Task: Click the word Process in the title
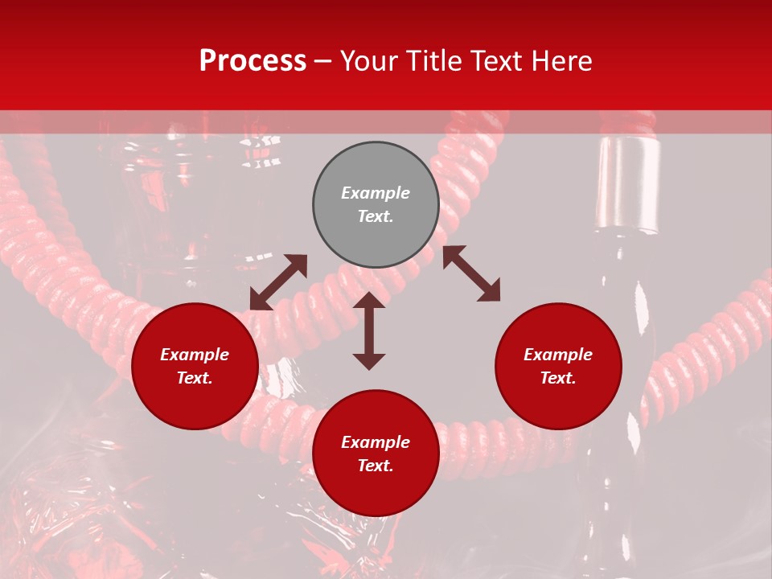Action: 253,61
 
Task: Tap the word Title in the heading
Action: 434,61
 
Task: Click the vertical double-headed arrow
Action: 369,331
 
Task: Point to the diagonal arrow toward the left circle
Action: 278,282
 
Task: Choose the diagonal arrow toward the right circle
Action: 471,273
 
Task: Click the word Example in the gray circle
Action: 376,193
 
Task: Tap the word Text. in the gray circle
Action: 376,216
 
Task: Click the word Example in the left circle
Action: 195,355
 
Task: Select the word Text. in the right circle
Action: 558,378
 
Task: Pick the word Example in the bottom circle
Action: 376,442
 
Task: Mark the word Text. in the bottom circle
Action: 376,466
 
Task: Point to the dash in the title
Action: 323,61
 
